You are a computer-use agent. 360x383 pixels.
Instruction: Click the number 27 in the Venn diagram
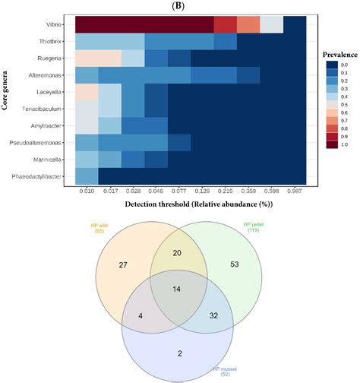point(124,264)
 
